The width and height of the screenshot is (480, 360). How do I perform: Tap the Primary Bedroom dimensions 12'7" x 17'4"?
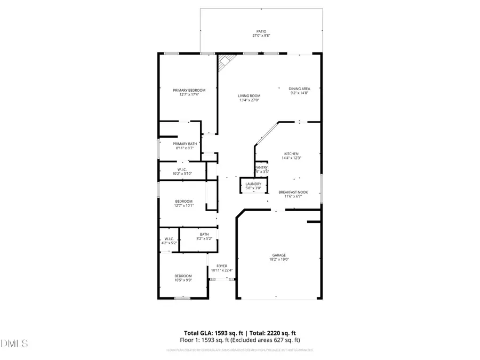[189, 94]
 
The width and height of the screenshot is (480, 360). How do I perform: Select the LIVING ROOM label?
[249, 96]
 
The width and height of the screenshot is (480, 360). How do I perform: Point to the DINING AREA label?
[299, 89]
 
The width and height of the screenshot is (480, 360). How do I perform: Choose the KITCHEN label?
[291, 154]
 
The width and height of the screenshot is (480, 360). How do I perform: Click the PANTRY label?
[261, 167]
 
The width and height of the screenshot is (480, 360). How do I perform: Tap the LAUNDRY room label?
[253, 183]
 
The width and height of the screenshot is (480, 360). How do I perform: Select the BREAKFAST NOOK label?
[293, 192]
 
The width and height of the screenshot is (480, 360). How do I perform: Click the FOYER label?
[222, 266]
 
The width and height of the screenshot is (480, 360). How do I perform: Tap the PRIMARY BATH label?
[185, 143]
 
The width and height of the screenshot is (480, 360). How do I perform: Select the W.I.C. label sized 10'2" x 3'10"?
[181, 170]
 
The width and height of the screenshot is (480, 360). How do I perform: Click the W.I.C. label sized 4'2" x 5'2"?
[169, 238]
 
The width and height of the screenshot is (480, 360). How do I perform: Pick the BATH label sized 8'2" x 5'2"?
[204, 234]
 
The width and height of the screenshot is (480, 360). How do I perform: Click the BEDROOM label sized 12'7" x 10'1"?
[183, 201]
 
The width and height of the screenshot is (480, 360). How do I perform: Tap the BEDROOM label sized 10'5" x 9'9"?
[183, 276]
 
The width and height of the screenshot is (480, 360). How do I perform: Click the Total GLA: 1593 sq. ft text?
[214, 332]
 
